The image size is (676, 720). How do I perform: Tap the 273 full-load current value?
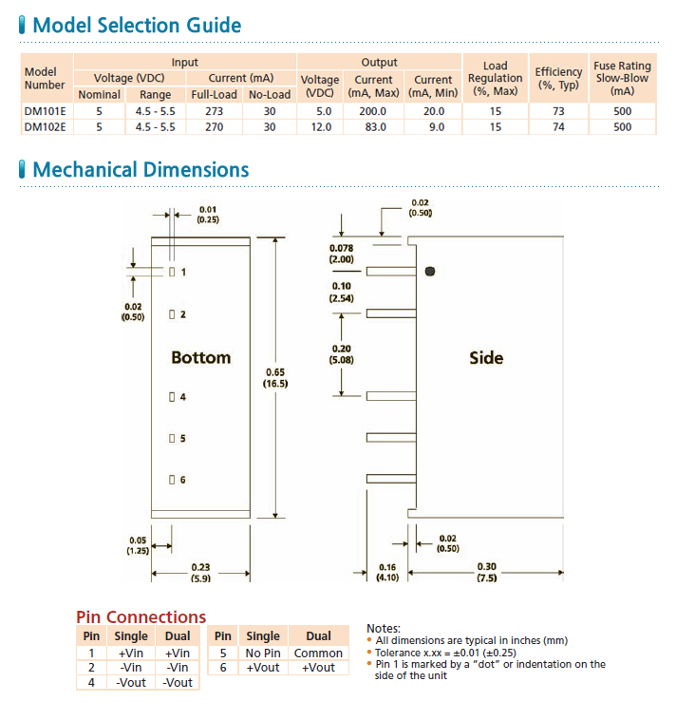214,111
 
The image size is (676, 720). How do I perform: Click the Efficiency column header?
558,78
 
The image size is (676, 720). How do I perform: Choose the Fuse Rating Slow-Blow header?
622,78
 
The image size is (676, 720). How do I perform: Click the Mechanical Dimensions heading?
141,170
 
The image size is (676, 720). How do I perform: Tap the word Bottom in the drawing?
200,358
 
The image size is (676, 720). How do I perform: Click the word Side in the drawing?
486,358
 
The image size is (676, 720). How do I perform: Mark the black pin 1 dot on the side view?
430,272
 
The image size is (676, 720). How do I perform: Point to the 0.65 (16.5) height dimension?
275,377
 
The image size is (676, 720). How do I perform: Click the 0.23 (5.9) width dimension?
200,573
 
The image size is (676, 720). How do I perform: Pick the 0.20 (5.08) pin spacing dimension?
341,354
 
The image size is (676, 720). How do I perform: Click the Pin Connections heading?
141,617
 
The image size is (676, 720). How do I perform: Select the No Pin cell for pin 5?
263,653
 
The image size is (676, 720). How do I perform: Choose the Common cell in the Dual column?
318,653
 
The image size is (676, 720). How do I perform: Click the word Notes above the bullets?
384,628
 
